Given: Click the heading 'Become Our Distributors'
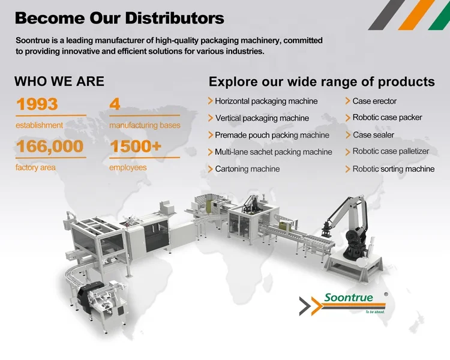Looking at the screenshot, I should click(x=119, y=18).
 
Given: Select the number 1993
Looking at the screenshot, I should click(x=37, y=104).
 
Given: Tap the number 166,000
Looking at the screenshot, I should click(x=50, y=146).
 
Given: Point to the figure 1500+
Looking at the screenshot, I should click(x=136, y=146).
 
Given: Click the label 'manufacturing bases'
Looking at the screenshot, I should click(x=145, y=125).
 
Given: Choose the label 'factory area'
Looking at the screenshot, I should click(x=35, y=167).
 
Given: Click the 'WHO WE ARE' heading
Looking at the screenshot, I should click(x=59, y=82).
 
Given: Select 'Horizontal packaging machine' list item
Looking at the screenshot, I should click(x=266, y=101).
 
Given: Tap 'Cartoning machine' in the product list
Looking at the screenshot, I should click(x=247, y=169).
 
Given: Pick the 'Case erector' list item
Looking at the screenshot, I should click(x=374, y=101).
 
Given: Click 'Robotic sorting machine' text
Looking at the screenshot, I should click(x=393, y=169).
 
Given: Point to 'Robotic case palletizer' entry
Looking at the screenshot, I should click(x=391, y=152).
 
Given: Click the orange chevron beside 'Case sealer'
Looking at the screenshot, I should click(x=347, y=135).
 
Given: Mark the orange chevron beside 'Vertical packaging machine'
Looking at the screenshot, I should click(x=211, y=118).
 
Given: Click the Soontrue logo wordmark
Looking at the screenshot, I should click(x=348, y=298).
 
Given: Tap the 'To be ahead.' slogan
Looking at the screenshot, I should click(x=374, y=312).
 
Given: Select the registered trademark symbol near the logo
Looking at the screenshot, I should click(x=386, y=294).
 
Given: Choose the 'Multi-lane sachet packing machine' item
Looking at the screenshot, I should click(x=273, y=152).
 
